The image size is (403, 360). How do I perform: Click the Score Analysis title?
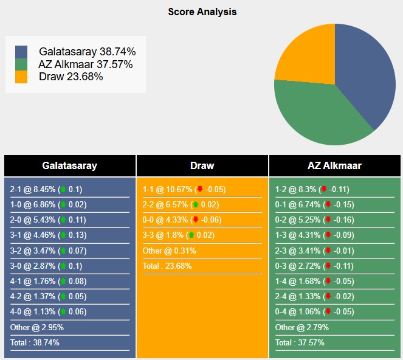pos(202,12)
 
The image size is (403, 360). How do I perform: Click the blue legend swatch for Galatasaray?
pos(21,52)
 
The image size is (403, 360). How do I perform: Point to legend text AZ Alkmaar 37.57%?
pos(86,64)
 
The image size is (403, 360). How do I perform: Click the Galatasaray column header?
pos(69,165)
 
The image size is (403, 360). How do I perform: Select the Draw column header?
pos(202,165)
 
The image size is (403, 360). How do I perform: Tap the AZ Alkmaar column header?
pos(335,165)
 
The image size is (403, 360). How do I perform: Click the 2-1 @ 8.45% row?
pos(46,189)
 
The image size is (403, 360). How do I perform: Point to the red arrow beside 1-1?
pos(199,189)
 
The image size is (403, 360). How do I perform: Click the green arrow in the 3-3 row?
pos(191,235)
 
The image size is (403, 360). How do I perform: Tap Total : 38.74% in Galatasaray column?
pos(35,342)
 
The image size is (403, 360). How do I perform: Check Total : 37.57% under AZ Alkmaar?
pos(300,342)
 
